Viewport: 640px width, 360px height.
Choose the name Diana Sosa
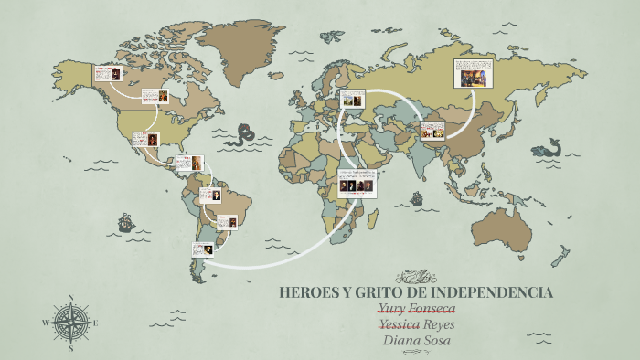[x=416, y=341]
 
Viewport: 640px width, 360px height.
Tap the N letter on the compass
[x=70, y=297]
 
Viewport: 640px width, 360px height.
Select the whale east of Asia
[x=549, y=147]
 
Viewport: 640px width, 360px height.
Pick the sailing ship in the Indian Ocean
[x=416, y=197]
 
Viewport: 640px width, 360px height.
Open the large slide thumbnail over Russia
[x=474, y=73]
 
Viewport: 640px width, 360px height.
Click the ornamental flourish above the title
[x=416, y=274]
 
